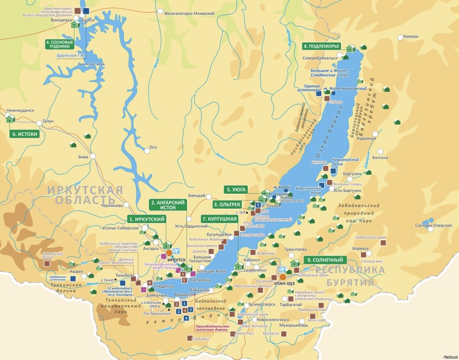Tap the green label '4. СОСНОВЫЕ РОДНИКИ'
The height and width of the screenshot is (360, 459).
tap(59, 45)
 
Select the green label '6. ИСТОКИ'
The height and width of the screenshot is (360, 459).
tap(25, 134)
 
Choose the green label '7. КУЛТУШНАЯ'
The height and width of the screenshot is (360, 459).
tap(219, 219)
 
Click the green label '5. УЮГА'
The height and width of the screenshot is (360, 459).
tap(236, 189)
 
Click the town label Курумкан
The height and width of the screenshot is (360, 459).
tap(365, 138)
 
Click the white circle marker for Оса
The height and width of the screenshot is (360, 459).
tap(146, 147)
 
